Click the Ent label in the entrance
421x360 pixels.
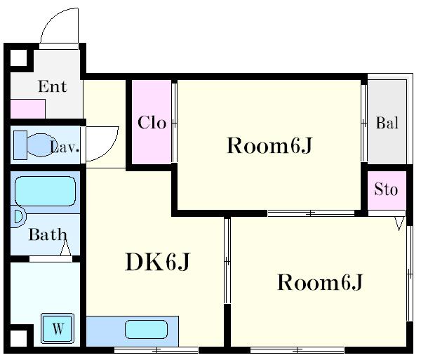53,86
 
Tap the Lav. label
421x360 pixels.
65,147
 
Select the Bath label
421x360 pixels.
48,234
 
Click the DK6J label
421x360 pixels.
158,262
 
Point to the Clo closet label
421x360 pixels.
152,123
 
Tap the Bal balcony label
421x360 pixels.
387,123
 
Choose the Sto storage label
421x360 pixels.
386,189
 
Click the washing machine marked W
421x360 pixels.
58,328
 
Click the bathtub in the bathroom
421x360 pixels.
45,191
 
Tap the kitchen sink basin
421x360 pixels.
147,329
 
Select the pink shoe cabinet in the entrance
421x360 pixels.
27,109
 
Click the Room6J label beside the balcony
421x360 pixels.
269,146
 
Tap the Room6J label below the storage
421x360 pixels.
320,282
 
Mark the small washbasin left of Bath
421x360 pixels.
18,217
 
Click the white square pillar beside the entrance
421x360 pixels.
18,58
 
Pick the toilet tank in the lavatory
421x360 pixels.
20,145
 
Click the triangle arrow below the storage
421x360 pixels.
399,223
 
